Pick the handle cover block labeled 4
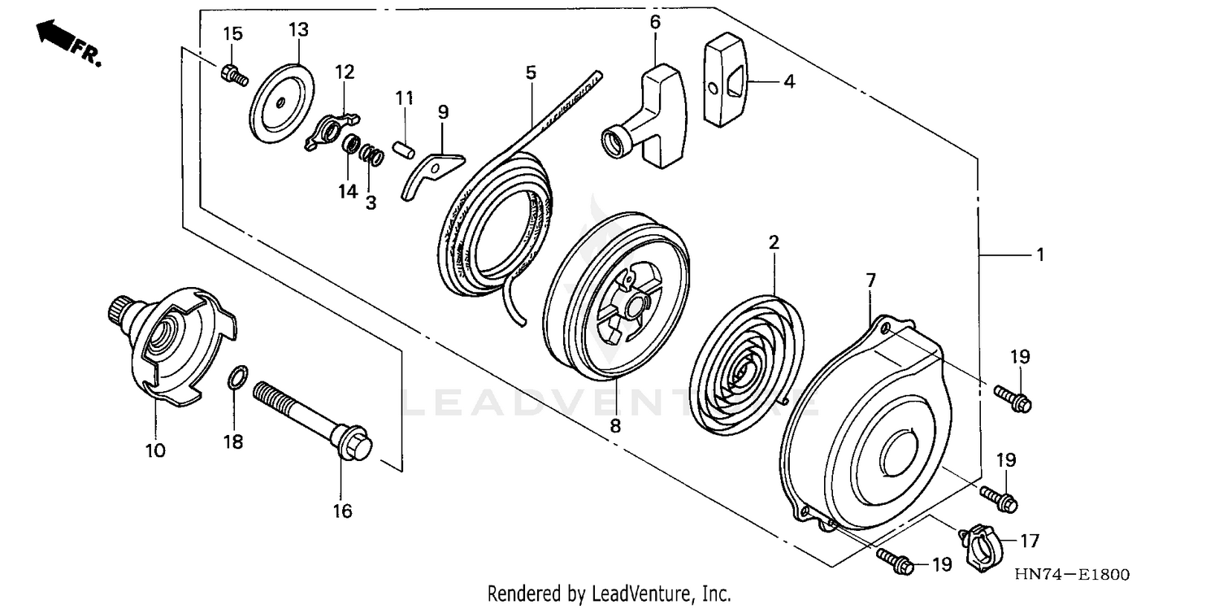(x=727, y=85)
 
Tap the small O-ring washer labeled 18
(x=235, y=378)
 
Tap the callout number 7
(x=870, y=281)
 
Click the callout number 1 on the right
(x=1039, y=254)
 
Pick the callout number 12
(x=345, y=72)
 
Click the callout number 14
(x=348, y=191)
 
